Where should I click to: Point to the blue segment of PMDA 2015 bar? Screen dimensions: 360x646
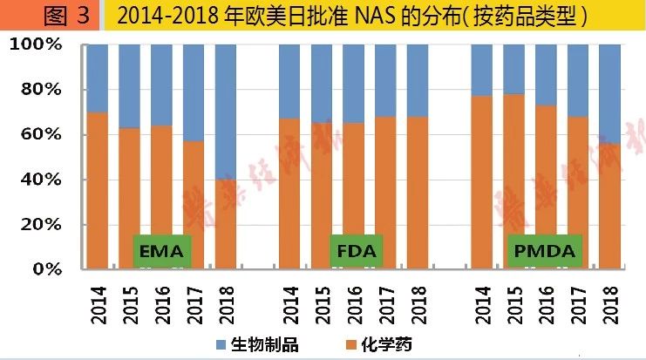(513, 69)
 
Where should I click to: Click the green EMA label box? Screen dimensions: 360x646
(160, 252)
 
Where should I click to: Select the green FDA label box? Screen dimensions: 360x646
(355, 252)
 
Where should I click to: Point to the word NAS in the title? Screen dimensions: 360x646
(377, 16)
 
